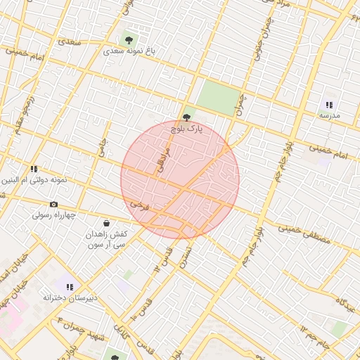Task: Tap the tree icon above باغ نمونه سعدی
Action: point(129,39)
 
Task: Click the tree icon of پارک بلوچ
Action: point(186,118)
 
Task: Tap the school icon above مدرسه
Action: point(329,104)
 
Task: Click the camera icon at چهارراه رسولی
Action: point(54,205)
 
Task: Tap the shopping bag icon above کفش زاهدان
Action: point(106,223)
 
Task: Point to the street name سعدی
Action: point(70,43)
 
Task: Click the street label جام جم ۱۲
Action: point(314,336)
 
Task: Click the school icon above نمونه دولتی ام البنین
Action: point(34,169)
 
